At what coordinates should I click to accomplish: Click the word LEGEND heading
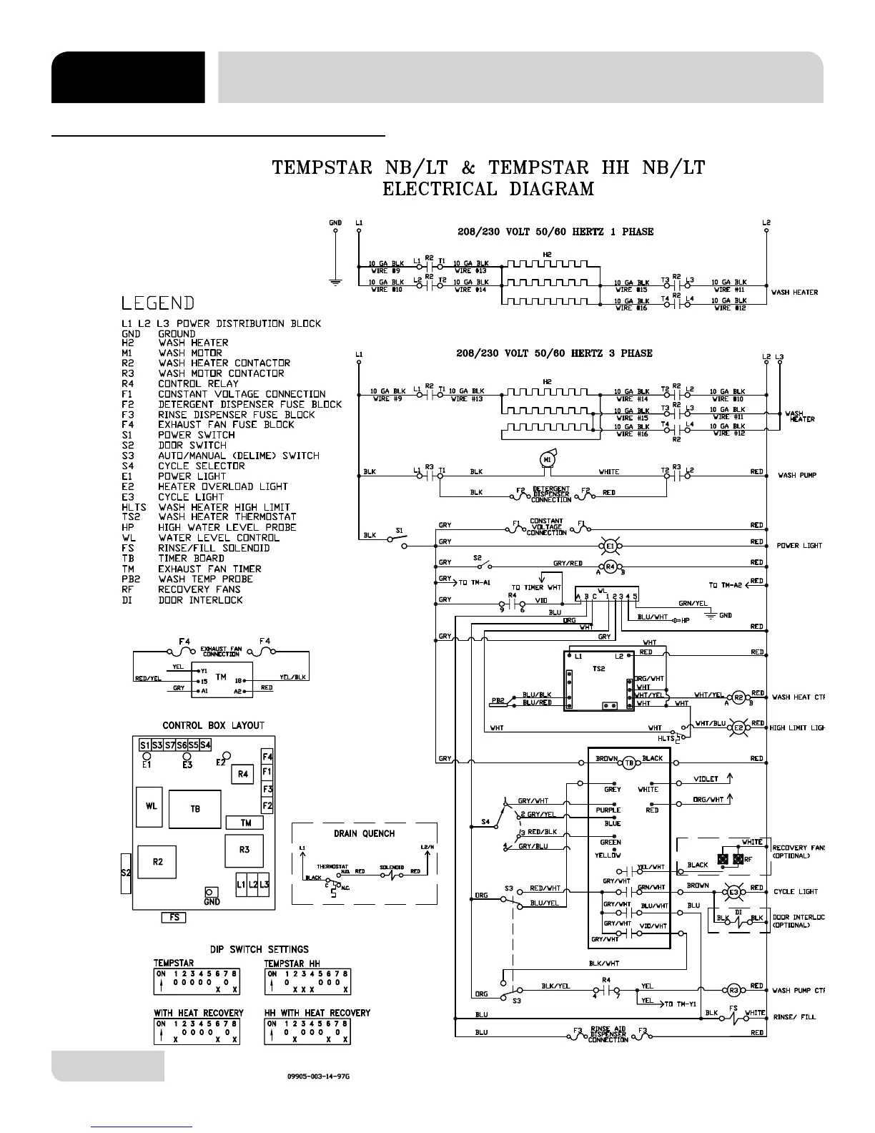pos(158,303)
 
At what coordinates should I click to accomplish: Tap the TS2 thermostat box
pos(598,681)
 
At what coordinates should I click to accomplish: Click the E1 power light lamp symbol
pos(610,546)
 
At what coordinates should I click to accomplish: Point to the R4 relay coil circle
pos(610,566)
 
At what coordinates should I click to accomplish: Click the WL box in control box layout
pos(152,807)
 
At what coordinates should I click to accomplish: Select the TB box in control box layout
pos(195,809)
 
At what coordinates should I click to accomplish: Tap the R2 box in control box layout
pos(158,862)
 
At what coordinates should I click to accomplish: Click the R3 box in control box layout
pos(244,850)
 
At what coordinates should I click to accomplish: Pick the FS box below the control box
pos(174,917)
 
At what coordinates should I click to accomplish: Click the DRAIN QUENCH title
pos(364,833)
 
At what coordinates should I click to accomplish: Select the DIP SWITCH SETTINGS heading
pos(259,949)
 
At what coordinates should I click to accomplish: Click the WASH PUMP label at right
pos(797,475)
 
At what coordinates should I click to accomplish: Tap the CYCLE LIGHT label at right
pos(796,892)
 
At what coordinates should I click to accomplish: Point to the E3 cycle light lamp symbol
pos(733,891)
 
